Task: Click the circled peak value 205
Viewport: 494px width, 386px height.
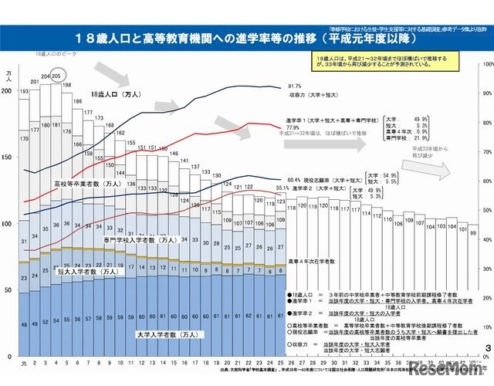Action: (x=55, y=76)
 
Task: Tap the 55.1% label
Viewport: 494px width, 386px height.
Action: (x=282, y=188)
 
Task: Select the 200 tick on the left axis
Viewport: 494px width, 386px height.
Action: (x=8, y=91)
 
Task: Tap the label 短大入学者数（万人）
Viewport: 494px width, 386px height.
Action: (x=88, y=272)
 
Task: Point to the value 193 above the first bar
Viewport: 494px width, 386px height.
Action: (x=24, y=92)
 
